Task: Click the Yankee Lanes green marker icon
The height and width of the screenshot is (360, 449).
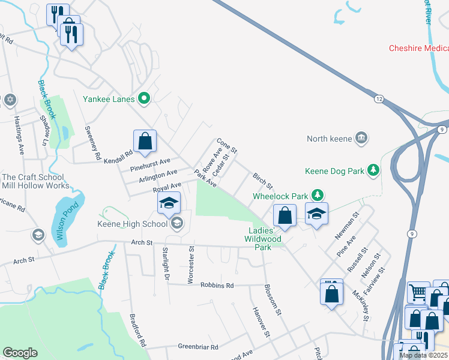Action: coord(144,98)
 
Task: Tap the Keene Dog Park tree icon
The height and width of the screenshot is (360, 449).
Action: coord(373,171)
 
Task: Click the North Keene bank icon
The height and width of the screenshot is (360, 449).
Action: coord(361,139)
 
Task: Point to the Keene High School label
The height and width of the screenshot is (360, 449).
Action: coord(133,224)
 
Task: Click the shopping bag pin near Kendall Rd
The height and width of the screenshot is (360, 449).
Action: coord(145,142)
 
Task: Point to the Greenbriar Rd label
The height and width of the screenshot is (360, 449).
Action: coord(197,346)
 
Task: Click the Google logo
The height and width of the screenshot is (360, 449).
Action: coord(20,353)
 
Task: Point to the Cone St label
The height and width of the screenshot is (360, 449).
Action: coord(228,145)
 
